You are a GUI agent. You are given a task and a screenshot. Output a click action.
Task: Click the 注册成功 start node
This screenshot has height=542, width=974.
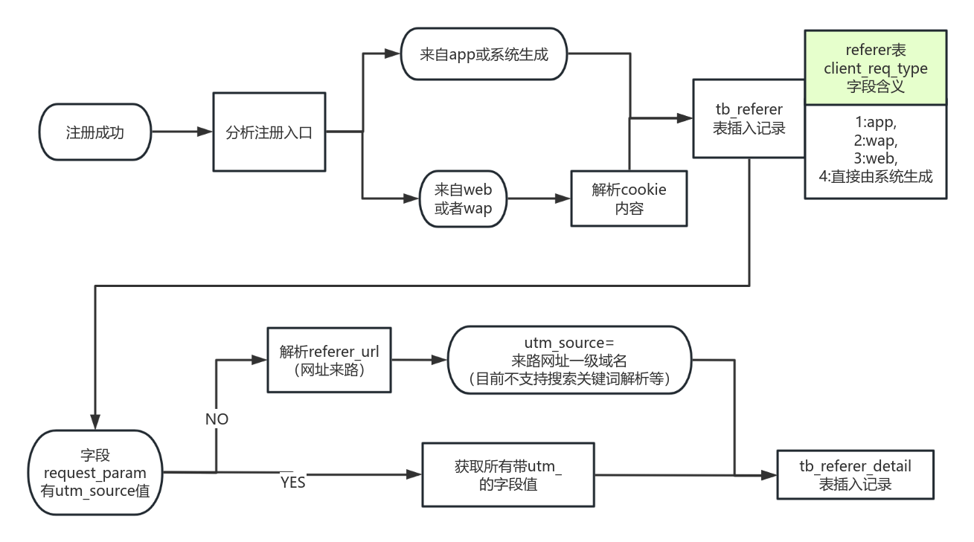94,132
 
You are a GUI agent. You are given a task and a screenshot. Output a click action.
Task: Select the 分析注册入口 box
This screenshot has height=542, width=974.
269,132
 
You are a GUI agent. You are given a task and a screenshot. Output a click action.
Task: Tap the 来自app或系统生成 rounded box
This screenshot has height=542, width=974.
484,54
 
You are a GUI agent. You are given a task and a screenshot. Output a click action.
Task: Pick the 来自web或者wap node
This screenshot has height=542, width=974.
463,199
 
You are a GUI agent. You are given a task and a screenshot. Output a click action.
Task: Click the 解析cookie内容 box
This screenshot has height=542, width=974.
629,199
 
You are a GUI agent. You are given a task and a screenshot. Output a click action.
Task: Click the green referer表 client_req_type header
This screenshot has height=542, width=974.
875,68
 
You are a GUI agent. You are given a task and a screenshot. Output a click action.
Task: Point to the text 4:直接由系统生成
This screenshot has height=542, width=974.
875,177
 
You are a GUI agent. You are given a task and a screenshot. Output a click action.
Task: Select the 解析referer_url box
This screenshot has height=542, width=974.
329,361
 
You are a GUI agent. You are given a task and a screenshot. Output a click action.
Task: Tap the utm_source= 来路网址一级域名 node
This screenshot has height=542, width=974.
569,361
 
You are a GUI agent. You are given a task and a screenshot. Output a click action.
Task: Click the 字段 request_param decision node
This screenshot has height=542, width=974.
95,472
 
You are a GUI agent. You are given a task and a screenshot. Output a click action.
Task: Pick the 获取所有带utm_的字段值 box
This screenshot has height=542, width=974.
507,474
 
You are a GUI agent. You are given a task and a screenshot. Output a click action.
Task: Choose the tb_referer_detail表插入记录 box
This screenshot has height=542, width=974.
855,475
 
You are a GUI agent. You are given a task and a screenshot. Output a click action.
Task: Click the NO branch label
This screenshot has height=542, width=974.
217,419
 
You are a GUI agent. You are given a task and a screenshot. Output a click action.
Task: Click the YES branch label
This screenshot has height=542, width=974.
292,483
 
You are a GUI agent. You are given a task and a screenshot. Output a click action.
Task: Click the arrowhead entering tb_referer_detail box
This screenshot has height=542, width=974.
769,475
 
